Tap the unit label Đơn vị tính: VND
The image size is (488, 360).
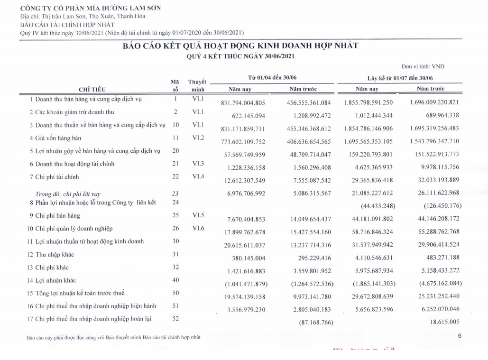point(423,67)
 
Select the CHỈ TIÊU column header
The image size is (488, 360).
point(92,89)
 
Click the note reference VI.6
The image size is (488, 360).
point(198,228)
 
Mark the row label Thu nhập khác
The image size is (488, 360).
point(55,254)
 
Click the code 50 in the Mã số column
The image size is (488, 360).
point(175,293)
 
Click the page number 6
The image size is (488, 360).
point(460,336)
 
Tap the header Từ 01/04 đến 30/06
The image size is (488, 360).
point(273,78)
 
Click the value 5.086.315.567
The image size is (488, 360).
point(308,194)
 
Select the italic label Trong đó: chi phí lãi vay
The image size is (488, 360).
point(68,194)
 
